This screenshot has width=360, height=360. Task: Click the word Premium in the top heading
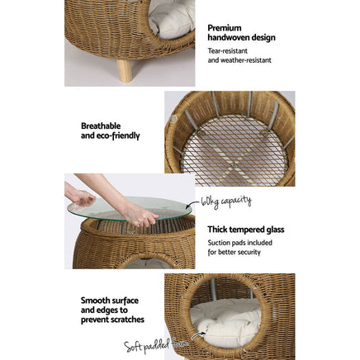219,27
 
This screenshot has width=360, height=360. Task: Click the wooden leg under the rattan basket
124,70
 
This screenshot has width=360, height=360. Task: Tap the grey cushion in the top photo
172,18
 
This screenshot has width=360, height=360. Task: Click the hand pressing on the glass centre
140,216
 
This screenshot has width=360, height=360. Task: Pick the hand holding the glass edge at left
81,197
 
